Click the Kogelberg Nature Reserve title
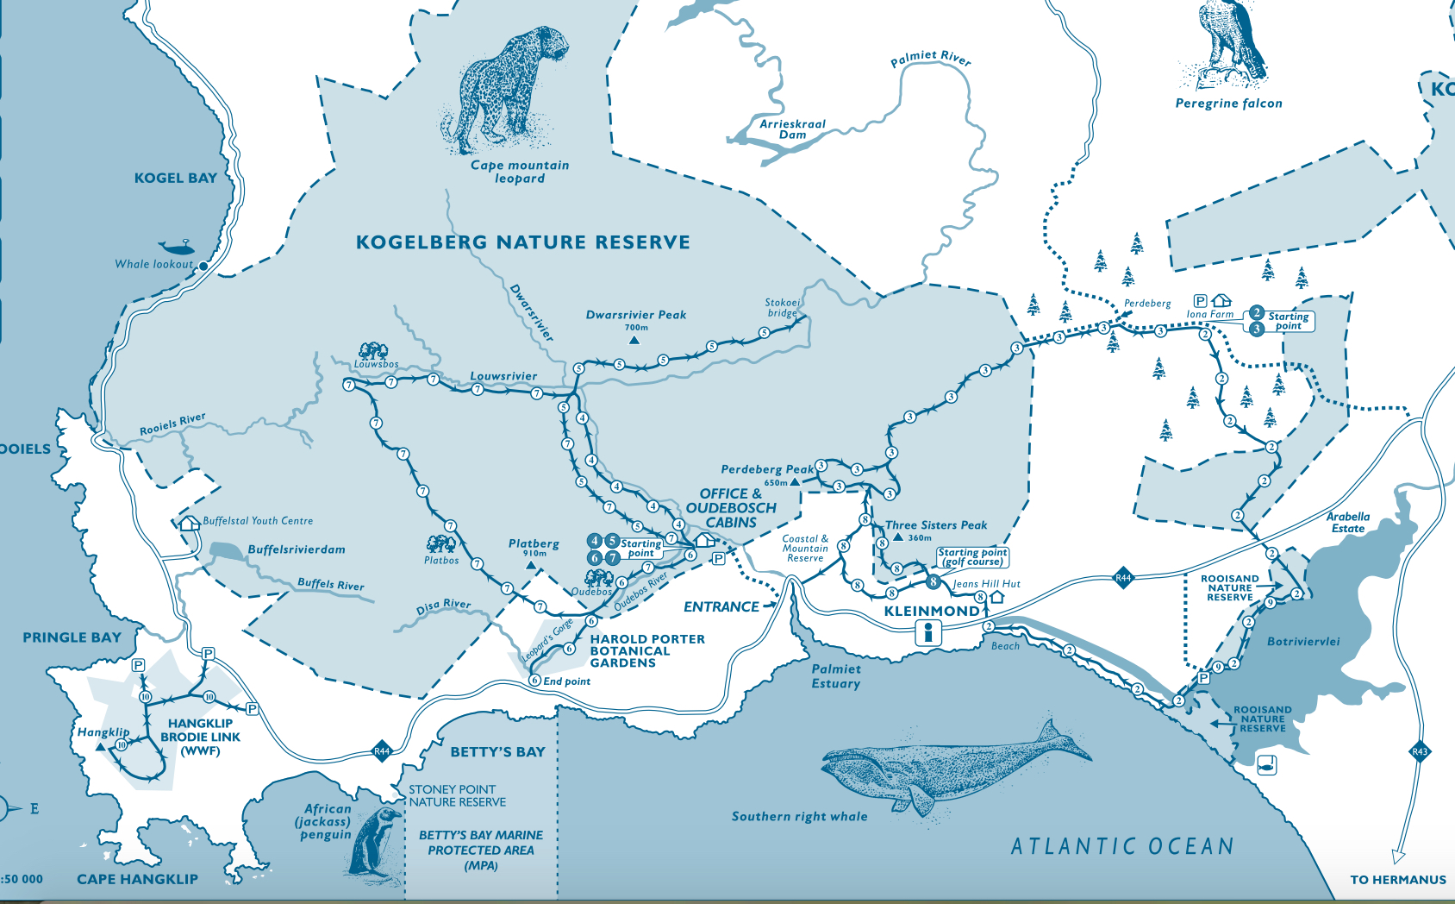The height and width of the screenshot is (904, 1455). tap(522, 242)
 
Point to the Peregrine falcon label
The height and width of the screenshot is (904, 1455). tap(1228, 104)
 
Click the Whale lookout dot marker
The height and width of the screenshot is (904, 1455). tap(203, 267)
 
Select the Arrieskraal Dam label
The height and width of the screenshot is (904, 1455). tap(792, 129)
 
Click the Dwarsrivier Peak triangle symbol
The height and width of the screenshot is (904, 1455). tap(634, 341)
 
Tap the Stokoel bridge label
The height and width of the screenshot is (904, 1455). tap(782, 308)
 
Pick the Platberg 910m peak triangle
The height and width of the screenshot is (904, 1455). tap(531, 566)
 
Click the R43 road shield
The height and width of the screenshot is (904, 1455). tap(1419, 751)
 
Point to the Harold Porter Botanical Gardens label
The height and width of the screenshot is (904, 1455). tap(646, 651)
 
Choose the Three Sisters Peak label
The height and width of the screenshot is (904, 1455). tap(936, 525)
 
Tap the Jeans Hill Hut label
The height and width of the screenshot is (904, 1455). tap(986, 584)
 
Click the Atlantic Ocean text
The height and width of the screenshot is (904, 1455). tap(1122, 846)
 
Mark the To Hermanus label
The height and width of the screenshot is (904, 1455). tap(1397, 880)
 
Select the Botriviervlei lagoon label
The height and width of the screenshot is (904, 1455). tap(1303, 642)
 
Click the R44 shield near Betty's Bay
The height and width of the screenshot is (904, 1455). tap(382, 751)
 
